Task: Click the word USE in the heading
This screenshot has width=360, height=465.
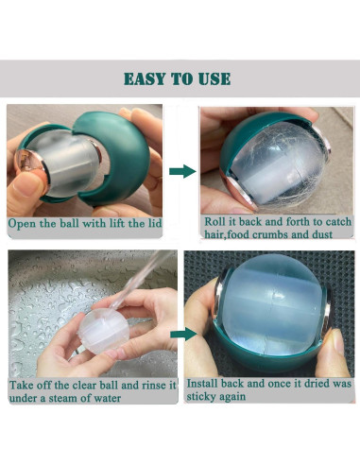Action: tap(215, 78)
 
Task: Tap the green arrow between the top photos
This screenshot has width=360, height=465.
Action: tap(182, 171)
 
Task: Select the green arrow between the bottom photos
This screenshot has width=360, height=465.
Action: tap(183, 334)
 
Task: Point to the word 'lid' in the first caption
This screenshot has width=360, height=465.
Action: tap(154, 223)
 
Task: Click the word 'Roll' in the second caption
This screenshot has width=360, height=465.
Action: tap(214, 221)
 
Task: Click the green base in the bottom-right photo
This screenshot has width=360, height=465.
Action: tap(271, 353)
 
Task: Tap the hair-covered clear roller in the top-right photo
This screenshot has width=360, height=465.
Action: tap(277, 164)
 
